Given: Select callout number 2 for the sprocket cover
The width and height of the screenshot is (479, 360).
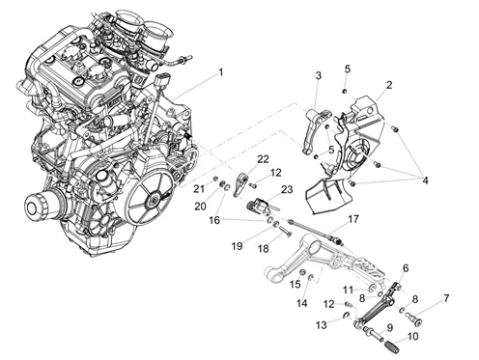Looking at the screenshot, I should coord(388,85).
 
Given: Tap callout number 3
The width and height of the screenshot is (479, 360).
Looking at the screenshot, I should coord(318,75).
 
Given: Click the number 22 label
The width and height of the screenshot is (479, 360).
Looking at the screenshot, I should coord(262,158).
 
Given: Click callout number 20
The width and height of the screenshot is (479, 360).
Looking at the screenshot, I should coord(199,206).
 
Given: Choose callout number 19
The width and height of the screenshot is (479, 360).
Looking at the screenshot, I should coord(238,245).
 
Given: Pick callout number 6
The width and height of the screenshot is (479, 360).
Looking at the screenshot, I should coord(404,267).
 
